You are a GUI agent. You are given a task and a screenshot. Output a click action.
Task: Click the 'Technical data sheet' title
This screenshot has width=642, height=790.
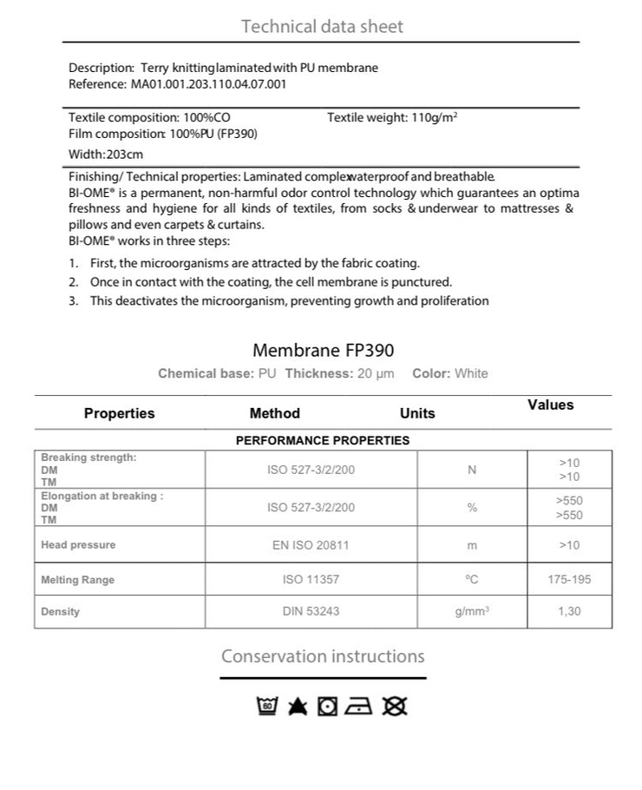click(322, 26)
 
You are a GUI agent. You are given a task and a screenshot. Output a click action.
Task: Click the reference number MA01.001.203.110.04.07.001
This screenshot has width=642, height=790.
click(208, 84)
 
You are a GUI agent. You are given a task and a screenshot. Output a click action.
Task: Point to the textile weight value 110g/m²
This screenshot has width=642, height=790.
click(434, 116)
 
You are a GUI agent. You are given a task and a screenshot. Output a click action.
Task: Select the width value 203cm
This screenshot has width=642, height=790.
click(124, 154)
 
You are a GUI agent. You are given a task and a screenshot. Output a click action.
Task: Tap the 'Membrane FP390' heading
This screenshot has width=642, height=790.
click(323, 350)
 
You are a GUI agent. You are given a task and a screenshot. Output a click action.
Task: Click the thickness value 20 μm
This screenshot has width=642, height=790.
click(375, 373)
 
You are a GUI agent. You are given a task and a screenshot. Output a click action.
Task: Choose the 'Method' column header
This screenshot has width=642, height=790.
click(274, 413)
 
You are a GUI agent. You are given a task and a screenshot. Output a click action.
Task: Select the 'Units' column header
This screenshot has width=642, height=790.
click(417, 413)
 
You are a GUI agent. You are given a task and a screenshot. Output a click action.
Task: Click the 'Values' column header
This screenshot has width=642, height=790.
click(550, 405)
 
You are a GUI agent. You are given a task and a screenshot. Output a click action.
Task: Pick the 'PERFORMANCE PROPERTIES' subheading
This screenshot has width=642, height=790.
click(323, 440)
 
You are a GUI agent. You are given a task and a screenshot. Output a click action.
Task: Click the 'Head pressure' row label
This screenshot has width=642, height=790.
click(78, 545)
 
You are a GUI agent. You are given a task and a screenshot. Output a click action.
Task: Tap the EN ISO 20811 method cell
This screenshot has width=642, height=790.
click(311, 545)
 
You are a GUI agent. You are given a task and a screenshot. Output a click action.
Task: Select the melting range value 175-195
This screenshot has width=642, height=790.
click(569, 579)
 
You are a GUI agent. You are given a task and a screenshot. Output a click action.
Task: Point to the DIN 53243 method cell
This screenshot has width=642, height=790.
click(311, 611)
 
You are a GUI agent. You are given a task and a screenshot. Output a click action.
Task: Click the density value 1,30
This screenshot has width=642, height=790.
click(569, 611)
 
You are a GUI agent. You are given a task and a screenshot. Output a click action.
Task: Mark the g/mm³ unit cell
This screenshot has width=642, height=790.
click(472, 611)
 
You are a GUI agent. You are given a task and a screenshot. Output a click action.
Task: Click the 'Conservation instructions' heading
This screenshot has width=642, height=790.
click(323, 656)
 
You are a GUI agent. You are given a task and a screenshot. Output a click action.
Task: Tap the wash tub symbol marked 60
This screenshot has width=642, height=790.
click(268, 707)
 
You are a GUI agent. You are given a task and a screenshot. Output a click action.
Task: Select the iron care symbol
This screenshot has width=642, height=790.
click(358, 707)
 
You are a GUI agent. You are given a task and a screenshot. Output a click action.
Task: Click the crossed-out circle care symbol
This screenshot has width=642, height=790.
click(395, 707)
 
